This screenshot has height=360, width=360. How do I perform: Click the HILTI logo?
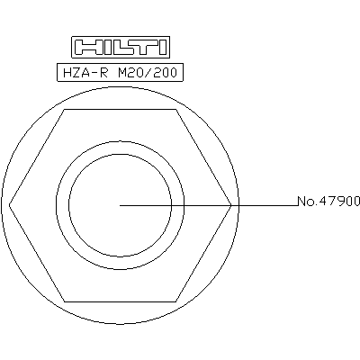(121, 48)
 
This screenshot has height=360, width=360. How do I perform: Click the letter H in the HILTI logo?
(85, 48)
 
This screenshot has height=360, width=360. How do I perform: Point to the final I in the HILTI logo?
(163, 48)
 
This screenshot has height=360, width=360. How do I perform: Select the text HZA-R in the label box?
(85, 73)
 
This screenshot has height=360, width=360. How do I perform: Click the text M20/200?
(148, 73)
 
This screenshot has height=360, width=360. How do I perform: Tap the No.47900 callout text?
(328, 201)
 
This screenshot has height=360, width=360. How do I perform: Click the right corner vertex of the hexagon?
(231, 205)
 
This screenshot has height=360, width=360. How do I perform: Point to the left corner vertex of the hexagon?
(9, 205)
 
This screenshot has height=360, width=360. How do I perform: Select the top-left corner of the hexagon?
(64, 110)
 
